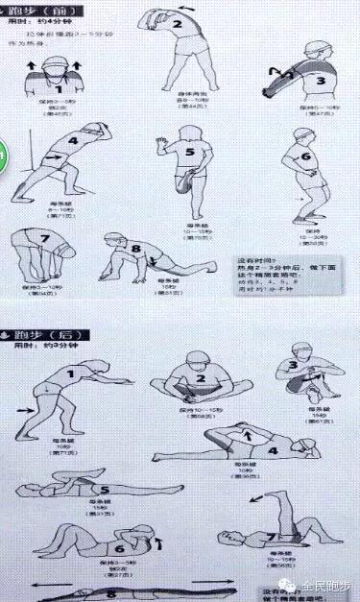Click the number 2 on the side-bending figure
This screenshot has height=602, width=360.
coord(178,24)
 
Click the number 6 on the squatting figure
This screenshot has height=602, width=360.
coord(306,157)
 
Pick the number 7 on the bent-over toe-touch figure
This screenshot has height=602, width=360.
coord(43,237)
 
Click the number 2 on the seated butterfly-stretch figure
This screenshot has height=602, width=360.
coord(201,378)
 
